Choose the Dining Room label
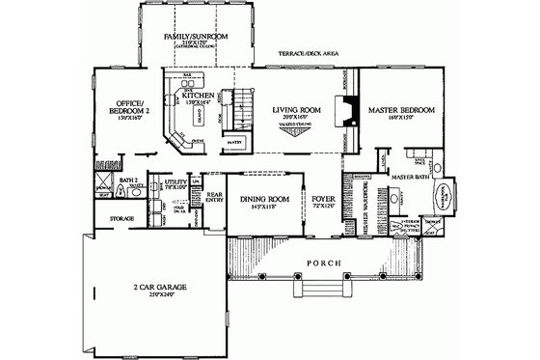pos(257,200)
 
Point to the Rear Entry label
pos(215,197)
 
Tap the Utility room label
pos(175,180)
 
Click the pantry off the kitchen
pos(231,142)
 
